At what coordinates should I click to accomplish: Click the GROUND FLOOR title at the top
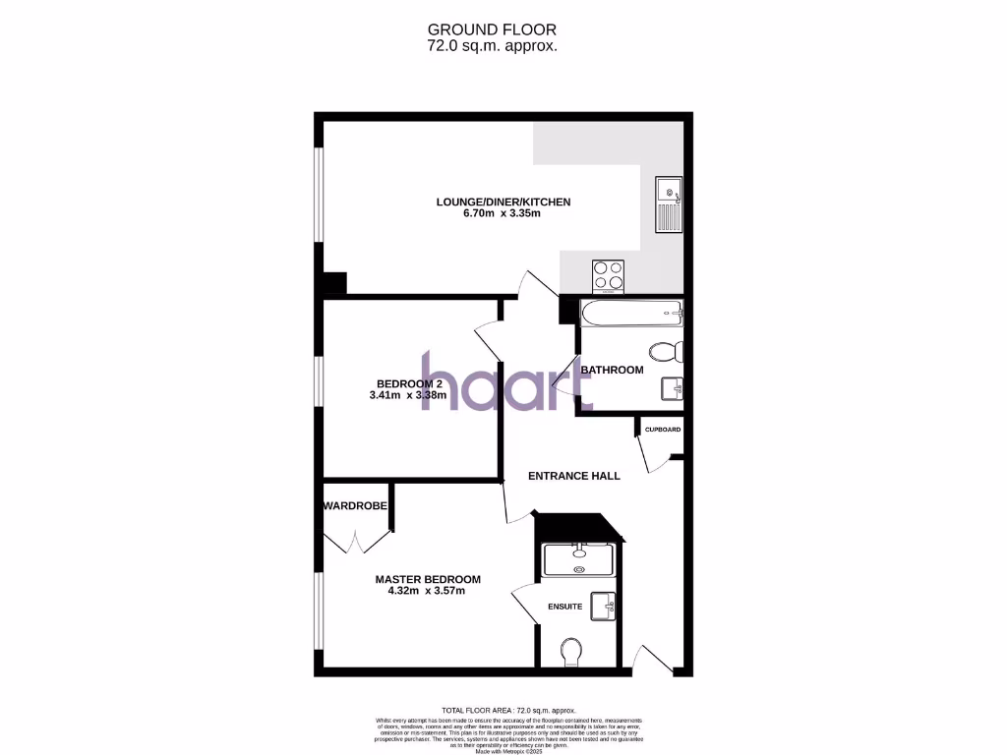[x=503, y=29]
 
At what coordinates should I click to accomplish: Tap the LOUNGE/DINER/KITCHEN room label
[x=503, y=203]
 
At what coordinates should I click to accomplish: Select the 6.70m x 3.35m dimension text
[x=503, y=215]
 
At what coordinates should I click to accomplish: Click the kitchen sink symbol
[x=669, y=204]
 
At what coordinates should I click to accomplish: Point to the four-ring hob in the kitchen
[x=609, y=274]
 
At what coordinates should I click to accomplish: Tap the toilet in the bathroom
[x=668, y=351]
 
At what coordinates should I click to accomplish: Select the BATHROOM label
[x=612, y=370]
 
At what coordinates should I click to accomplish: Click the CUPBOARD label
[x=662, y=430]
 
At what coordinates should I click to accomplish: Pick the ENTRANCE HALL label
[x=574, y=476]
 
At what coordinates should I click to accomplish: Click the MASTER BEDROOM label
[x=428, y=579]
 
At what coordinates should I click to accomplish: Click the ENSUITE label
[x=564, y=607]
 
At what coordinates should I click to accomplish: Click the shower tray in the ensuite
[x=579, y=558]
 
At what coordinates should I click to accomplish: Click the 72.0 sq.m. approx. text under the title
[x=503, y=45]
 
